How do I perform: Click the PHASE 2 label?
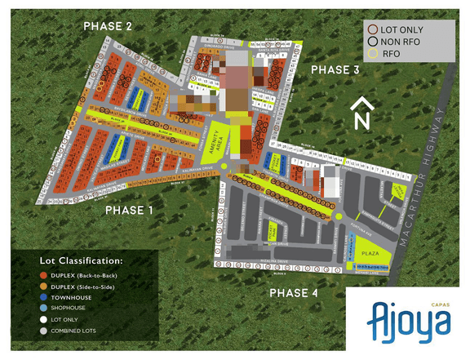(x=109, y=26)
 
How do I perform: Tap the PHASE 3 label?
(x=335, y=71)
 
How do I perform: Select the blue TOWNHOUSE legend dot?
(x=44, y=298)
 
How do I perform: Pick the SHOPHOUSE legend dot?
(x=44, y=309)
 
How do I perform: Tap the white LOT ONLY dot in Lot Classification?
(x=44, y=321)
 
